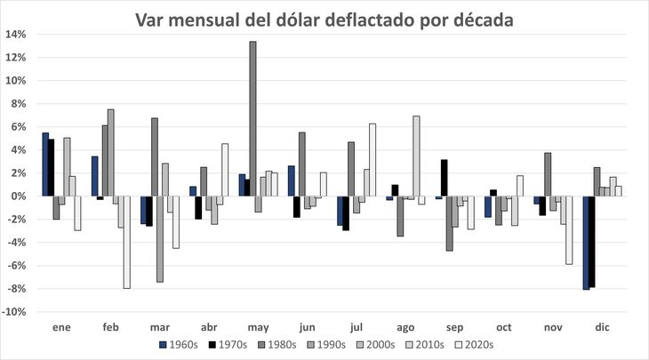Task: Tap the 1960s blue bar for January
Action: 45,164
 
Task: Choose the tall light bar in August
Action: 416,156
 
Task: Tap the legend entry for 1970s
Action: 228,343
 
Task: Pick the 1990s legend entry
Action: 324,343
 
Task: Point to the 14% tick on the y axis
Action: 16,35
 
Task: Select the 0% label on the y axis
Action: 19,196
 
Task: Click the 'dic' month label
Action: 602,326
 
